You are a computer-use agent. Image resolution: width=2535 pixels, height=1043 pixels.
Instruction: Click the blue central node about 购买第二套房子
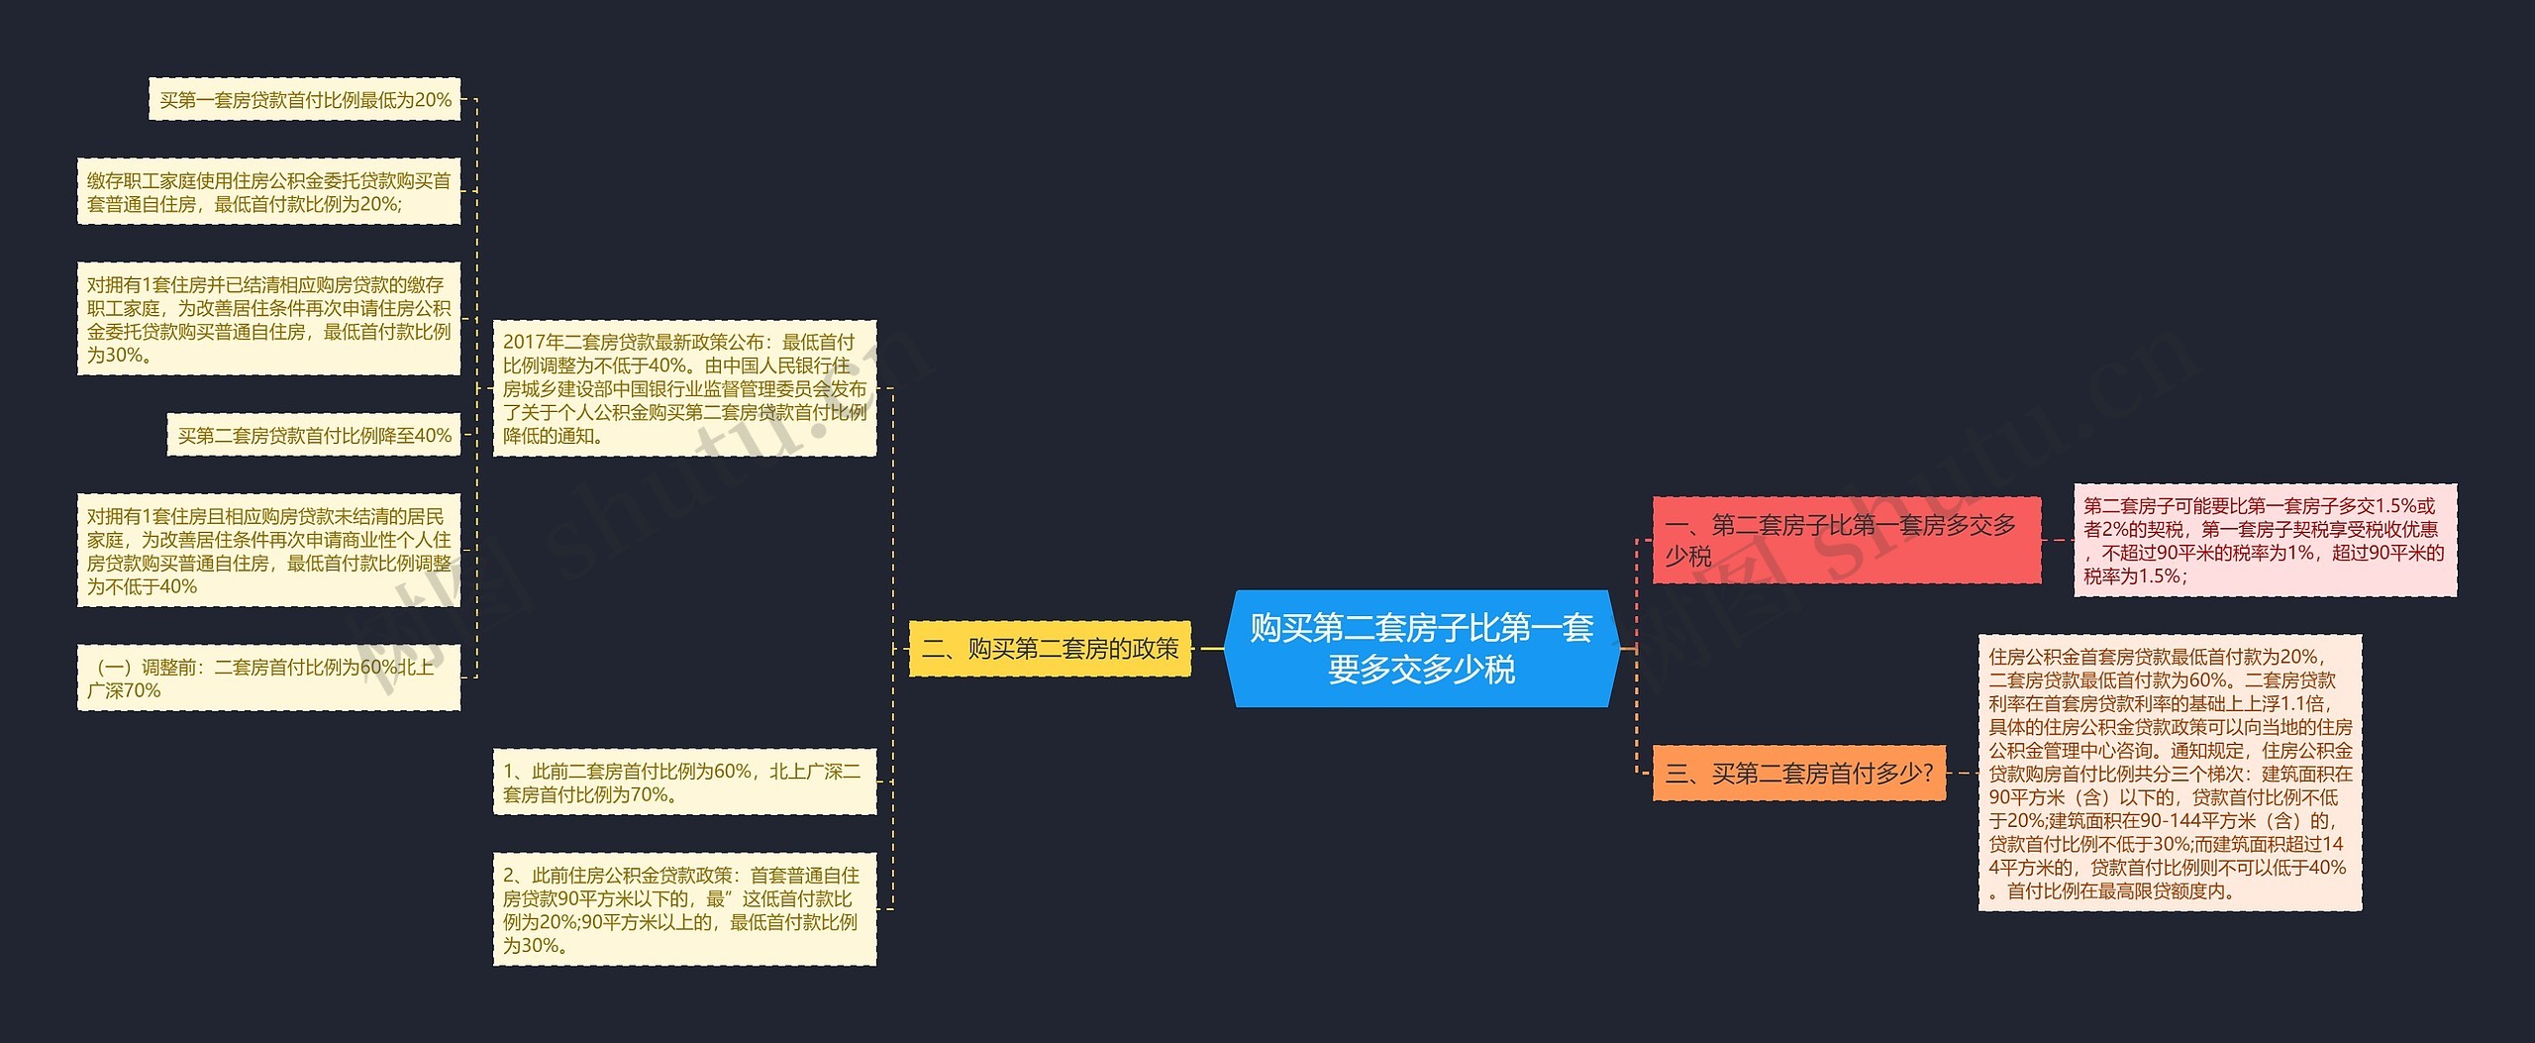click(x=1421, y=649)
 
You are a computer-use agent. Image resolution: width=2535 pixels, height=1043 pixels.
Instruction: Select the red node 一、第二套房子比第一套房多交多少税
click(x=1846, y=540)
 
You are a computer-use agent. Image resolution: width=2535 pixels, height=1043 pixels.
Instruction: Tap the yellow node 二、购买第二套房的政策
click(x=1050, y=649)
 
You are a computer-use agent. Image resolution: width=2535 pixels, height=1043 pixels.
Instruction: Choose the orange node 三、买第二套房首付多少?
click(x=1798, y=773)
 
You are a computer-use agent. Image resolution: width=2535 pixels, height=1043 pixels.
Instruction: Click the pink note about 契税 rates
click(x=2265, y=540)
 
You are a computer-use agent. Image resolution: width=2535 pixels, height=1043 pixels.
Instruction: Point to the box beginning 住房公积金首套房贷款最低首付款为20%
click(x=2170, y=773)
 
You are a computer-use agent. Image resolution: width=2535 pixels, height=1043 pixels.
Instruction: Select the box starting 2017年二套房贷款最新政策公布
click(x=684, y=388)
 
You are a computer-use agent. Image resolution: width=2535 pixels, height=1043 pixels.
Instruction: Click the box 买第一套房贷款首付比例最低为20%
click(x=305, y=99)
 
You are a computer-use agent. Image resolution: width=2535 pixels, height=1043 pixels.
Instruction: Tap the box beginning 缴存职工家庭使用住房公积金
click(x=268, y=191)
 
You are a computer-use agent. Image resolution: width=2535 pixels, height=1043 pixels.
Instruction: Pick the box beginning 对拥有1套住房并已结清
click(x=268, y=319)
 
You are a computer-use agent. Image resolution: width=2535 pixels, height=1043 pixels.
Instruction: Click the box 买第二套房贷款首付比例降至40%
click(x=314, y=435)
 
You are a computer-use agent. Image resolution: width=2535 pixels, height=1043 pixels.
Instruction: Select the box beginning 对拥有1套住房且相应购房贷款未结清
click(x=268, y=551)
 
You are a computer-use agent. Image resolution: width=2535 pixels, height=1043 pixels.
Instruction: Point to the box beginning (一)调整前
click(x=268, y=678)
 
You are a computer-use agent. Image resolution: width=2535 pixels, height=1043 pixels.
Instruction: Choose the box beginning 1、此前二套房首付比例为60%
click(x=684, y=782)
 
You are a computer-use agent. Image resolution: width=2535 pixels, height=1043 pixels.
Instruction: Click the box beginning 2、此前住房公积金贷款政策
click(x=684, y=909)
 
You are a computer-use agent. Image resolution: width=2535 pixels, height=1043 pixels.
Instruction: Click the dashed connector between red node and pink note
click(x=2058, y=540)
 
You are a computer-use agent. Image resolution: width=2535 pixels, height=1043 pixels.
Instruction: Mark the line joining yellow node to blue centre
click(x=1208, y=649)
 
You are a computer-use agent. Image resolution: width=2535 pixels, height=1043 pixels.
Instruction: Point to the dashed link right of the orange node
click(x=1962, y=773)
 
